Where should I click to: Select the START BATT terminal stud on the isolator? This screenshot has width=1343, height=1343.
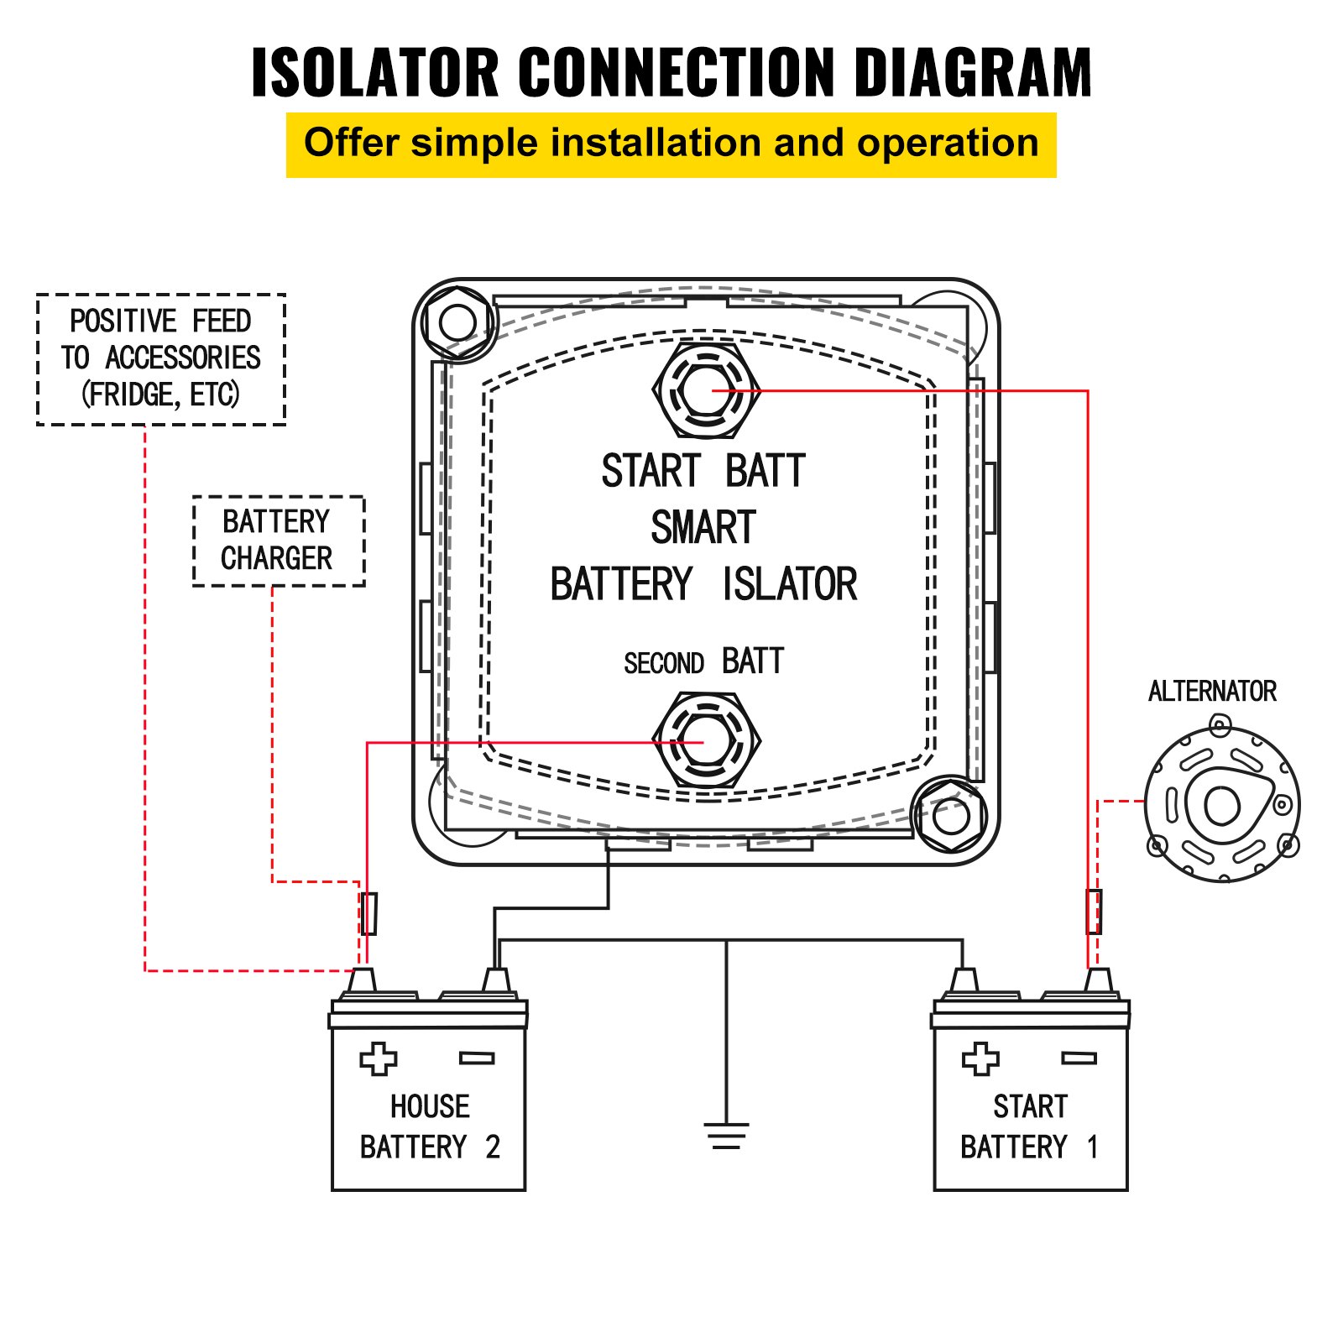point(707,389)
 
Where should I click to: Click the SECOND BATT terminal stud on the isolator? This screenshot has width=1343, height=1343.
point(707,741)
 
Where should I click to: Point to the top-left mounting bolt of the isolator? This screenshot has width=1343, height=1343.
point(457,321)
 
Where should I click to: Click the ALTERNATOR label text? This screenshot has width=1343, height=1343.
point(1211,692)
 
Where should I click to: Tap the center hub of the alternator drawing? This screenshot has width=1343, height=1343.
point(1221,806)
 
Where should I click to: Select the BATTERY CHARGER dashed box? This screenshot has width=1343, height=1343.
point(278,541)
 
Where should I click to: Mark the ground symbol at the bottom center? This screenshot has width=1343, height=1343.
point(726,1136)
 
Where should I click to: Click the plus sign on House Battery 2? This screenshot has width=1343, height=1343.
point(378,1058)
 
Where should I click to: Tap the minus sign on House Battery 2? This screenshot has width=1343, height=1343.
point(477,1058)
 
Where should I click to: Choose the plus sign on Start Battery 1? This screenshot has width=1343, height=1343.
point(980,1058)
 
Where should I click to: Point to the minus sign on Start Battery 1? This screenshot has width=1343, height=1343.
point(1079,1058)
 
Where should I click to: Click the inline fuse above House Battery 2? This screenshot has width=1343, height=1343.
point(368,913)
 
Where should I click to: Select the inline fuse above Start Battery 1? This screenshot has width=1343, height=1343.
point(1094,912)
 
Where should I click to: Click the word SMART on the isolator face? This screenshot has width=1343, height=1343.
point(703,528)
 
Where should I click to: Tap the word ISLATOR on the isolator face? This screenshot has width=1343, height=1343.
point(789,585)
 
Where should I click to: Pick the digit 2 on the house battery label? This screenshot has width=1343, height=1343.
point(493,1147)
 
